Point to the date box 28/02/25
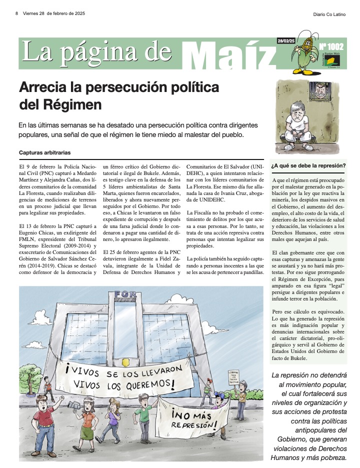286,40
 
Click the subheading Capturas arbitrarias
44,152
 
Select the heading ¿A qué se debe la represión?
307,165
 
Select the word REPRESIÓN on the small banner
193,424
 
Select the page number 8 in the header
16,13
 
